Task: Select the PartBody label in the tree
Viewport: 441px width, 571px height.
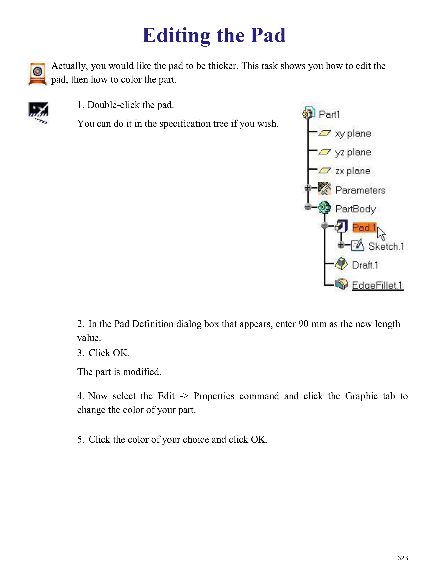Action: tap(356, 209)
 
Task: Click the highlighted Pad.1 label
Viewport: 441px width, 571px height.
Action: tap(364, 228)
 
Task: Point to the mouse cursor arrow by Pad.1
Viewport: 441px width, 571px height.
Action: tap(381, 233)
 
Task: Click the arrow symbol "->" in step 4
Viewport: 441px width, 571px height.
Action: tap(184, 396)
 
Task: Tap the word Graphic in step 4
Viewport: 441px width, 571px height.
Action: tap(361, 396)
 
